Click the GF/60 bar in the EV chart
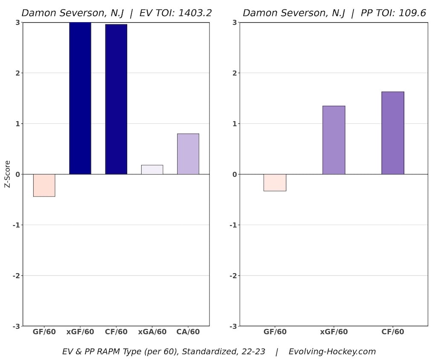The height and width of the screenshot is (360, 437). (x=44, y=185)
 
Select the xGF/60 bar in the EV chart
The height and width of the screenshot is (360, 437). (x=80, y=98)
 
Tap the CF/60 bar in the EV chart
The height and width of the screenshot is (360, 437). (x=116, y=99)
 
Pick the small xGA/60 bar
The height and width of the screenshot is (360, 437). (x=152, y=170)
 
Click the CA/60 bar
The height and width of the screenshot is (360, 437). (x=188, y=154)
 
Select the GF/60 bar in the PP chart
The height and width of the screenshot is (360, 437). (x=275, y=182)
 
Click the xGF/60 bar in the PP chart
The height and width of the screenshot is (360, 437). (x=334, y=140)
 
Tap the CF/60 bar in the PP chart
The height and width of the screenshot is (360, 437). (x=393, y=133)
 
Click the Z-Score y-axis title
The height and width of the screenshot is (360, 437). (x=7, y=174)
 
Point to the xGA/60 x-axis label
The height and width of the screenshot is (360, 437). (x=152, y=332)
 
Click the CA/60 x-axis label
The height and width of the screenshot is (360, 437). (x=188, y=332)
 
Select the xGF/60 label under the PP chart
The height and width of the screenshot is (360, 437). (x=334, y=332)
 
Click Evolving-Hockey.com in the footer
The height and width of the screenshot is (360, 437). (x=332, y=352)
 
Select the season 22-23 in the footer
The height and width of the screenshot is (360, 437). (x=251, y=352)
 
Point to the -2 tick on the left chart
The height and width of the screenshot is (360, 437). (x=16, y=276)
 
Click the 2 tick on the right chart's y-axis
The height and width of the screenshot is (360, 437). (x=235, y=73)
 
